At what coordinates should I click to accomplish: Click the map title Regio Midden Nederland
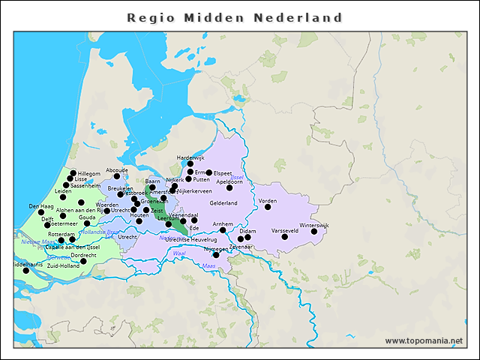[235, 17]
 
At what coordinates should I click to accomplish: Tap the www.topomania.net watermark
[423, 340]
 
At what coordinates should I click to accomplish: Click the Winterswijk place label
[314, 225]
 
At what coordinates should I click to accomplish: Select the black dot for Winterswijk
[314, 232]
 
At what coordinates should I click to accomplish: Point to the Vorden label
[268, 200]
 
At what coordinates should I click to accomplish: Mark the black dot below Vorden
[268, 207]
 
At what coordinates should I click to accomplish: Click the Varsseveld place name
[284, 230]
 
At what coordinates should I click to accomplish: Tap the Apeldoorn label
[229, 181]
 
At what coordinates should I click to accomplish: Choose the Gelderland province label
[223, 202]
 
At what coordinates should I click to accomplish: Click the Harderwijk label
[190, 157]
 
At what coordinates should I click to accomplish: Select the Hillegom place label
[88, 173]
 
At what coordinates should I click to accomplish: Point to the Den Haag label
[40, 205]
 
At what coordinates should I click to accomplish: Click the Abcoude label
[117, 169]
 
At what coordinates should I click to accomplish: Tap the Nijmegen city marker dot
[216, 255]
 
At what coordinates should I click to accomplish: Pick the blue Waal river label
[179, 253]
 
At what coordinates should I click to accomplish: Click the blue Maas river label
[208, 265]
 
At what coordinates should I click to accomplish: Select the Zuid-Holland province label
[63, 265]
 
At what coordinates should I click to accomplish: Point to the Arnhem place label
[223, 223]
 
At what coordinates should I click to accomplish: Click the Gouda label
[87, 216]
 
